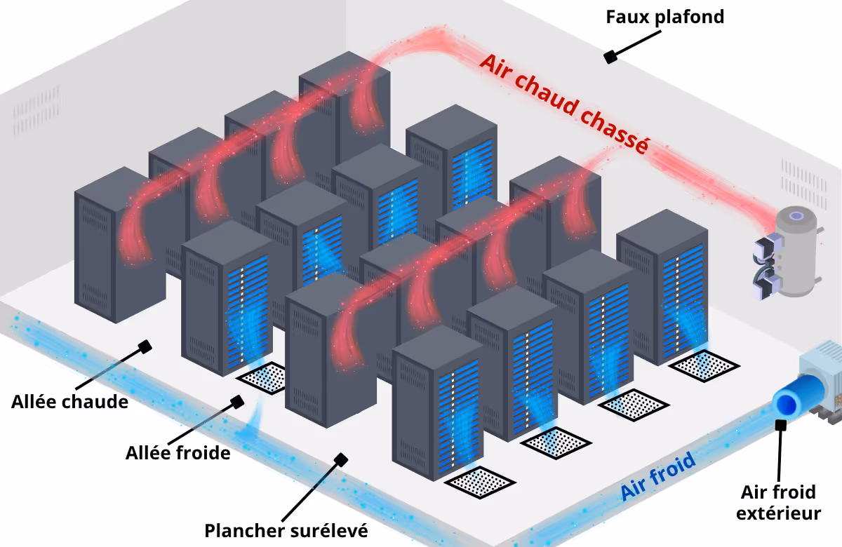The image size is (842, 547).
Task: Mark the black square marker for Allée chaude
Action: (x=146, y=346)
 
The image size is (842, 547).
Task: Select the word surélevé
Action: (x=328, y=530)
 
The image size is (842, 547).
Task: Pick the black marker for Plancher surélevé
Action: (x=342, y=460)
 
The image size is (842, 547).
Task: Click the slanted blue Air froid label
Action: (x=657, y=477)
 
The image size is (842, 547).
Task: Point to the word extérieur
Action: (x=778, y=513)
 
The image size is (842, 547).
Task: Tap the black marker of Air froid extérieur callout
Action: (x=780, y=424)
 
